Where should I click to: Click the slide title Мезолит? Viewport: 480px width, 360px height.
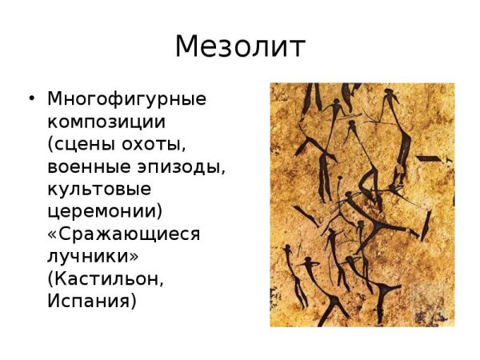click(x=240, y=47)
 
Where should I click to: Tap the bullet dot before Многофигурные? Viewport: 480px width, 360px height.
click(x=31, y=100)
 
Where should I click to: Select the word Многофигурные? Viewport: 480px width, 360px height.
click(x=126, y=100)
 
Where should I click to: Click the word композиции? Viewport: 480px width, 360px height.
click(x=106, y=123)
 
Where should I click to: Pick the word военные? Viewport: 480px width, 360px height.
click(x=86, y=168)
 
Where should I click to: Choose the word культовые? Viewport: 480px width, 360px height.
click(x=99, y=190)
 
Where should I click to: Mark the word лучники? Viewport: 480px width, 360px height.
click(x=90, y=258)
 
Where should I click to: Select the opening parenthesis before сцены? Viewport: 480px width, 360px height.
click(x=51, y=146)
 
